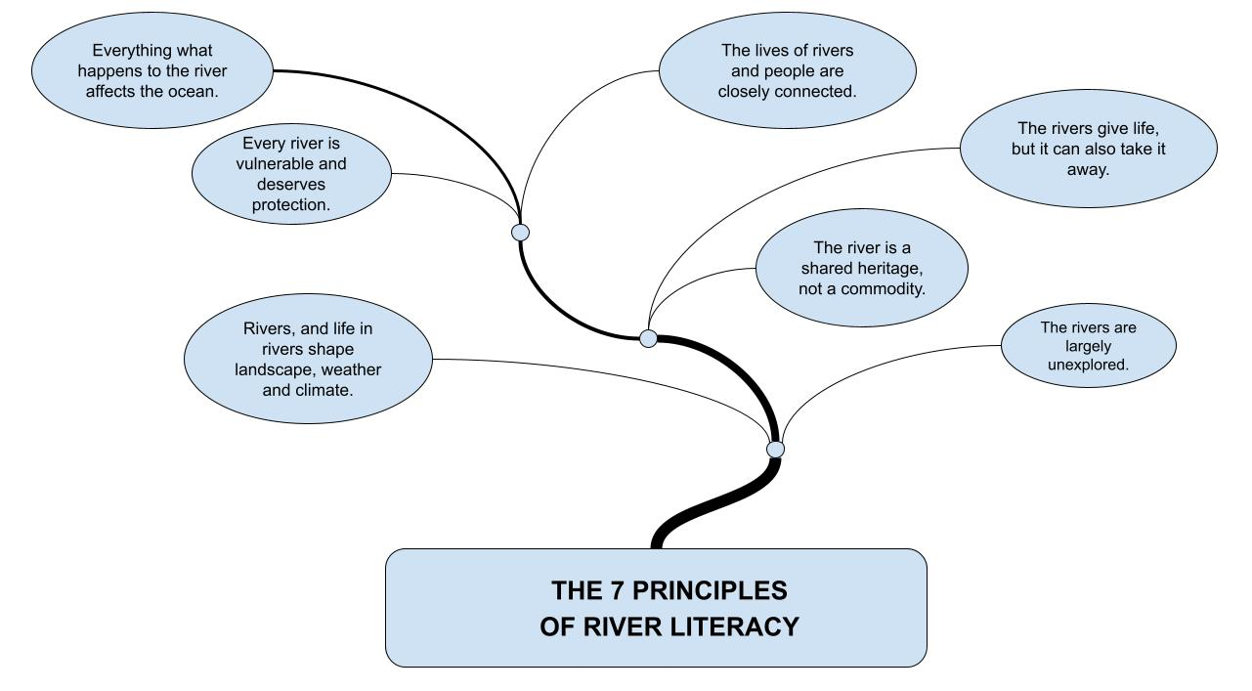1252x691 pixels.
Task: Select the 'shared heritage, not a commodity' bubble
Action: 862,269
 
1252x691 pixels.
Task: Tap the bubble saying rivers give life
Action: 1088,149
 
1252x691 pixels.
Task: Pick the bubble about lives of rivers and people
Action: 788,71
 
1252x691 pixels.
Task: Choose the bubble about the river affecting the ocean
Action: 152,70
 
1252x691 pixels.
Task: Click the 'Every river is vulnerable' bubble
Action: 291,174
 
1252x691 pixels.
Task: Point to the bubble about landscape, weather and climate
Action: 308,359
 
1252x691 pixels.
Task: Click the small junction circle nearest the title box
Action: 775,449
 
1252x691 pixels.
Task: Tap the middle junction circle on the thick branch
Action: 648,338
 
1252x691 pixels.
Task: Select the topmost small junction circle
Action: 521,233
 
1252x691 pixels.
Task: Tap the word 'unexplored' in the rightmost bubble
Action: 1088,365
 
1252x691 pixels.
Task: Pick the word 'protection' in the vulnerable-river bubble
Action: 291,204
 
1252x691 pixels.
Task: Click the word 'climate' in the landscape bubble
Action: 324,389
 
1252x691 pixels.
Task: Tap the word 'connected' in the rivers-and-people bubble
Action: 820,91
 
